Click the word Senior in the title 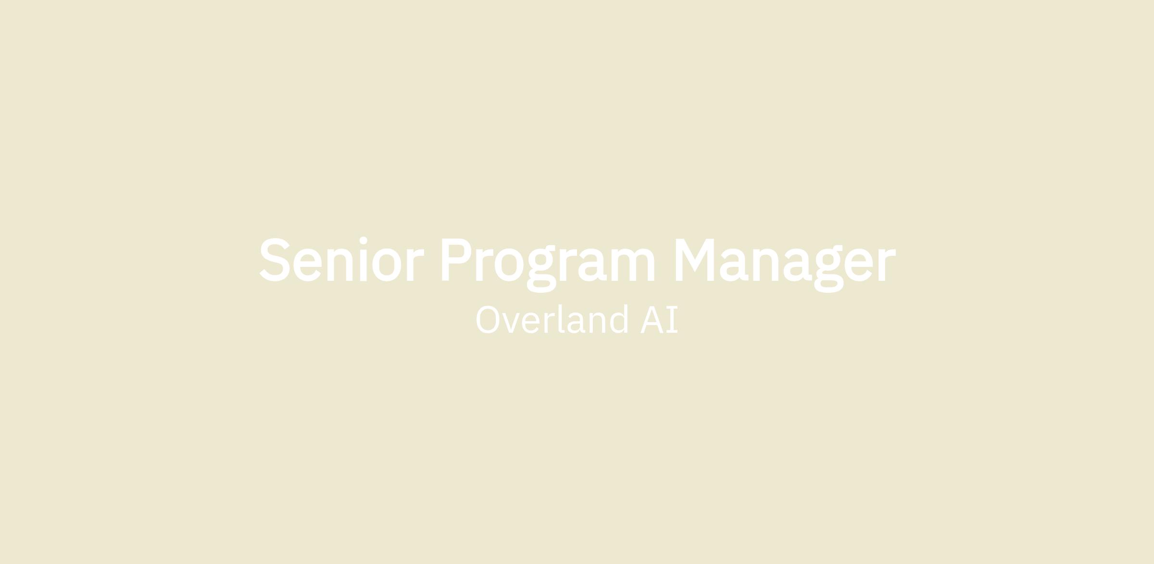[341, 259]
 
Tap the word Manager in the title [786, 265]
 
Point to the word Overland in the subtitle [552, 319]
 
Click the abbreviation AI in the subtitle [659, 319]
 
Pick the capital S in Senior [275, 260]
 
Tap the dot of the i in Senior [364, 240]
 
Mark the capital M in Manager [695, 260]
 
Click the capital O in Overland [488, 319]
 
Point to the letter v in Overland [511, 323]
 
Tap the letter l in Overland [561, 319]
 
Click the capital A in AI [652, 319]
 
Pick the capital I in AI [672, 319]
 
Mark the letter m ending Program [633, 264]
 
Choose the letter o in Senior [387, 264]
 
